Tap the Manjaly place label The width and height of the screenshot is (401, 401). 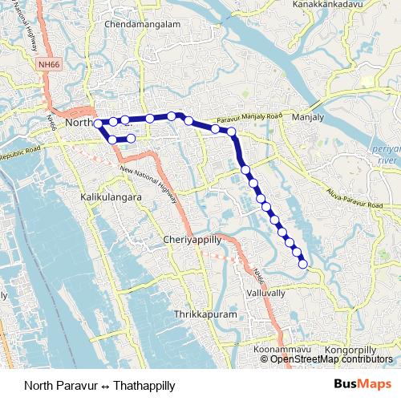(308, 117)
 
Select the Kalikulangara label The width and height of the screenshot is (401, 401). (111, 196)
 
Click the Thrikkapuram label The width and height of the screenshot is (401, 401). (207, 315)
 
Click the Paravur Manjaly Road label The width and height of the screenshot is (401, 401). (248, 121)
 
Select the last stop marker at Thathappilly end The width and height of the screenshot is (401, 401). (303, 264)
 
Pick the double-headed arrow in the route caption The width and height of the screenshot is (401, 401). (104, 384)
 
